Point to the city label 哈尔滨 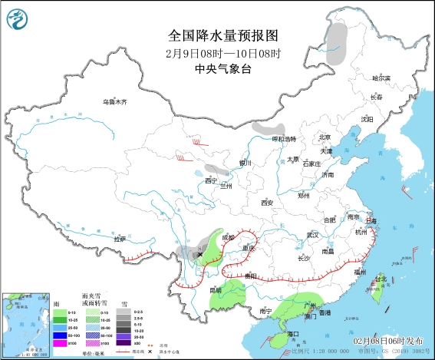381,78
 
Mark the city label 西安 266,203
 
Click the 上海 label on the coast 371,220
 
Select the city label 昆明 216,290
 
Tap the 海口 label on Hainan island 291,335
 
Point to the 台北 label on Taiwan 381,279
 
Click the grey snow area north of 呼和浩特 269,128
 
